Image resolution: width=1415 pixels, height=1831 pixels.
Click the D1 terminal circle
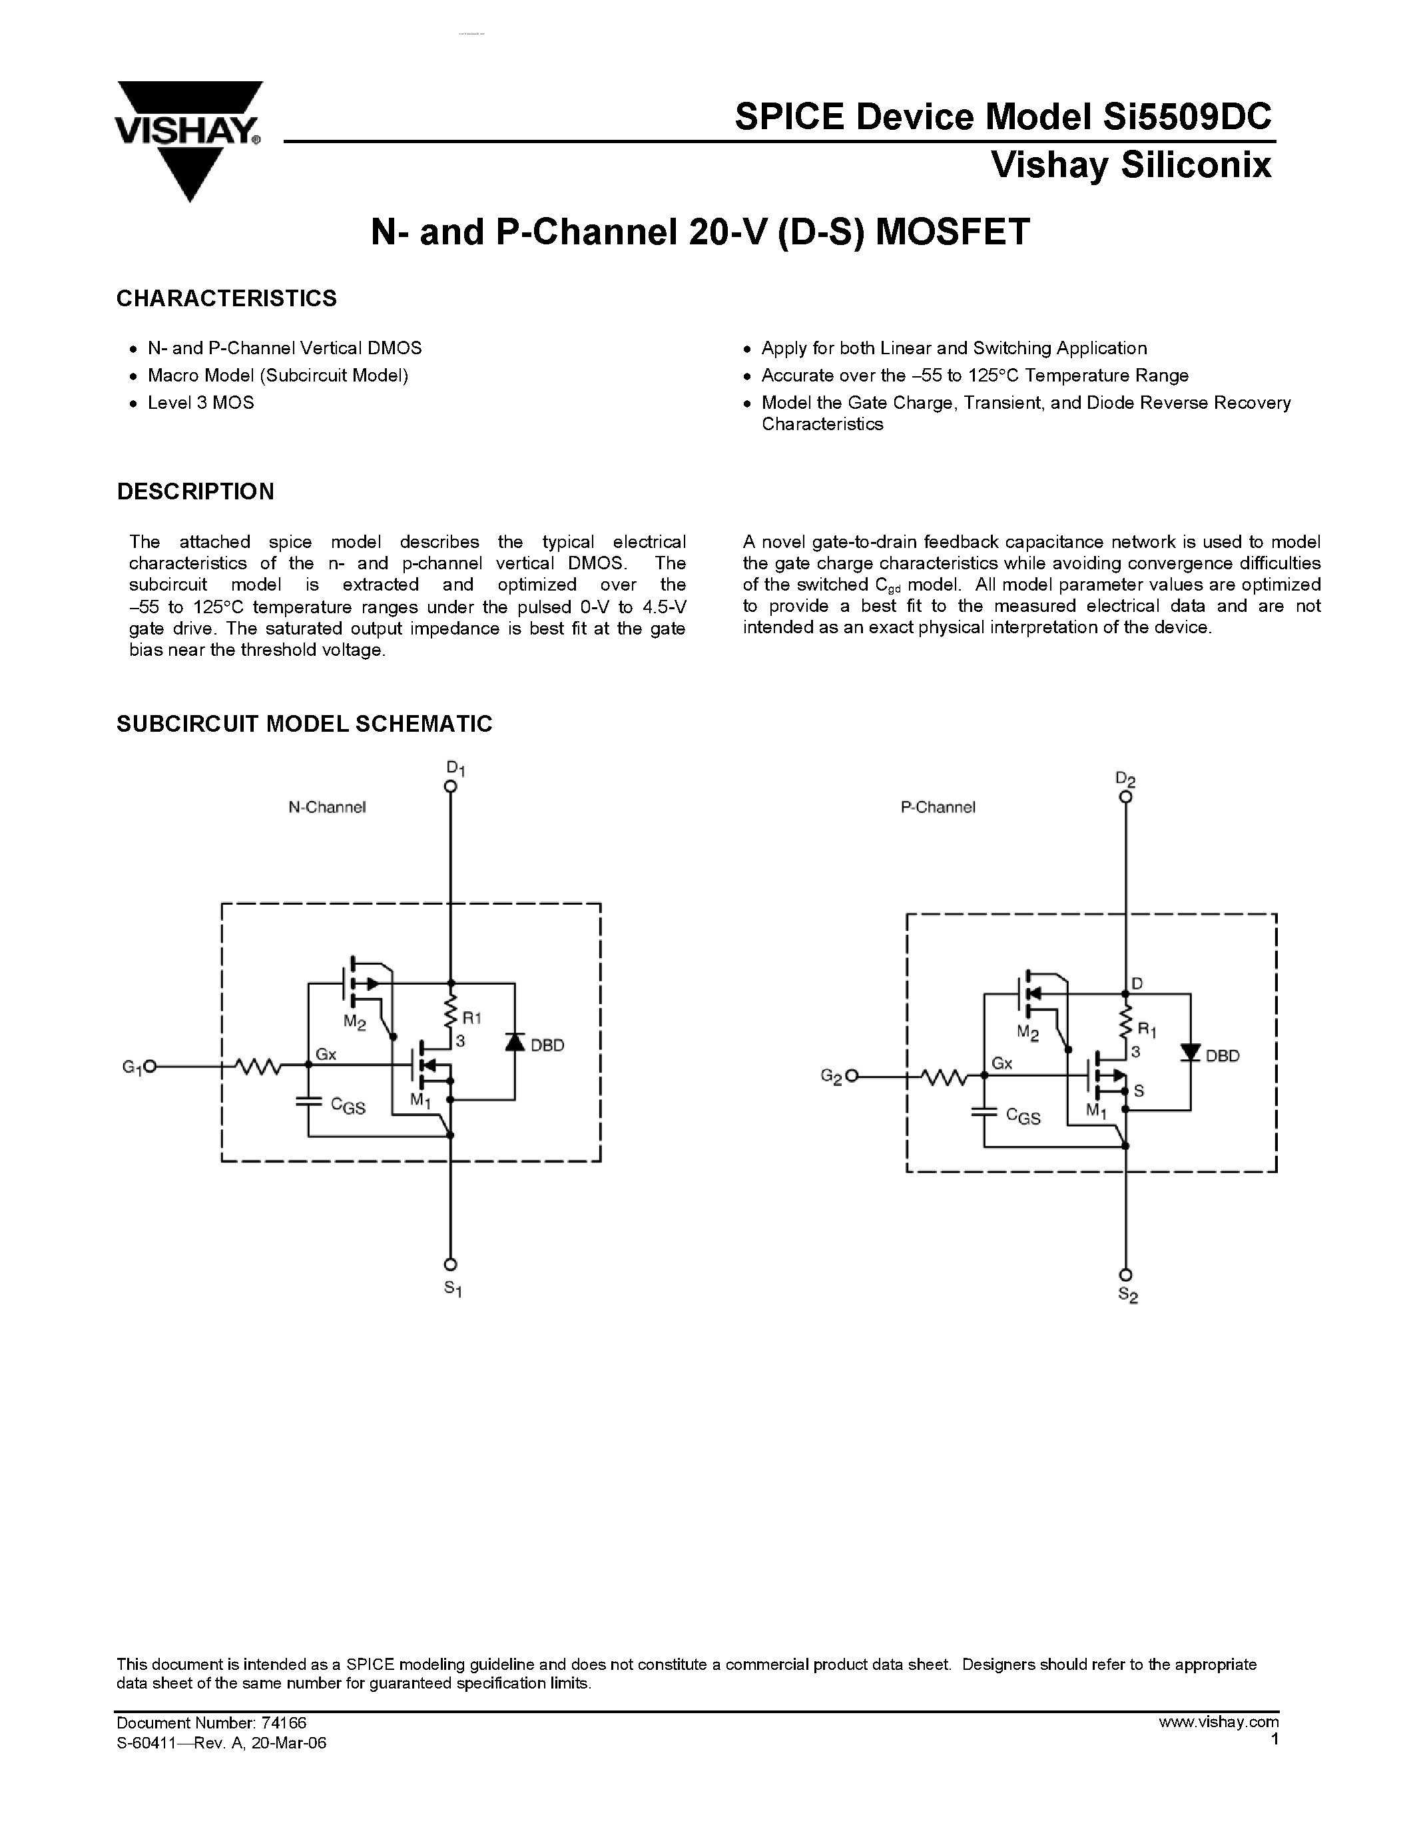click(x=450, y=786)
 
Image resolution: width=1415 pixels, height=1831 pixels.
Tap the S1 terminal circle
click(x=450, y=1264)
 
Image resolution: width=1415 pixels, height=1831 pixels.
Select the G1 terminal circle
click(x=149, y=1067)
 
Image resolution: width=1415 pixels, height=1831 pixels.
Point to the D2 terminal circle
click(x=1126, y=796)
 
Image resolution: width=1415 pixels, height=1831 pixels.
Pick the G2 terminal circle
click(x=852, y=1077)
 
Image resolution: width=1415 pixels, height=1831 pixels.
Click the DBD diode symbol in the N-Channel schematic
click(x=515, y=1042)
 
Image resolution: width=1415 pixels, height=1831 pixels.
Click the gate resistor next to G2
click(x=942, y=1077)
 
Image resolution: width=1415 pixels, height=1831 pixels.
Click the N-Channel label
click(x=327, y=808)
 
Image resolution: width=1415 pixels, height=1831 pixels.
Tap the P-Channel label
click(x=938, y=808)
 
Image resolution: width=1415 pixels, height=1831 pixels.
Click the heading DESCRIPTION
click(x=195, y=492)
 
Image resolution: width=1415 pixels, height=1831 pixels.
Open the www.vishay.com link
click(x=1218, y=1722)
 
